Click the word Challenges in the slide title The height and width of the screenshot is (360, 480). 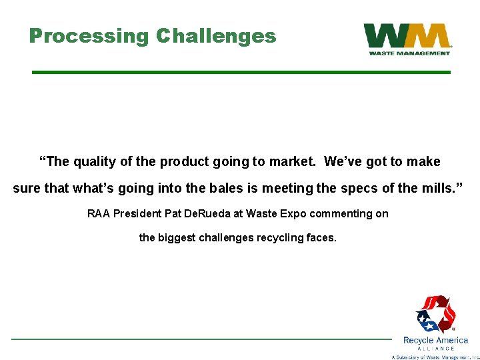point(215,36)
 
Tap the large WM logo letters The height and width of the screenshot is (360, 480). point(407,36)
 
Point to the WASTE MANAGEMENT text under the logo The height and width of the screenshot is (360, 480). point(407,53)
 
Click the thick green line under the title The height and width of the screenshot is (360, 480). point(241,72)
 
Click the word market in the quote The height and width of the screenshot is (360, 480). point(294,162)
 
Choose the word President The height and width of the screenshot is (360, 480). point(139,214)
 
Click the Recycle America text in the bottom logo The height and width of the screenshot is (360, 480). point(435,340)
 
